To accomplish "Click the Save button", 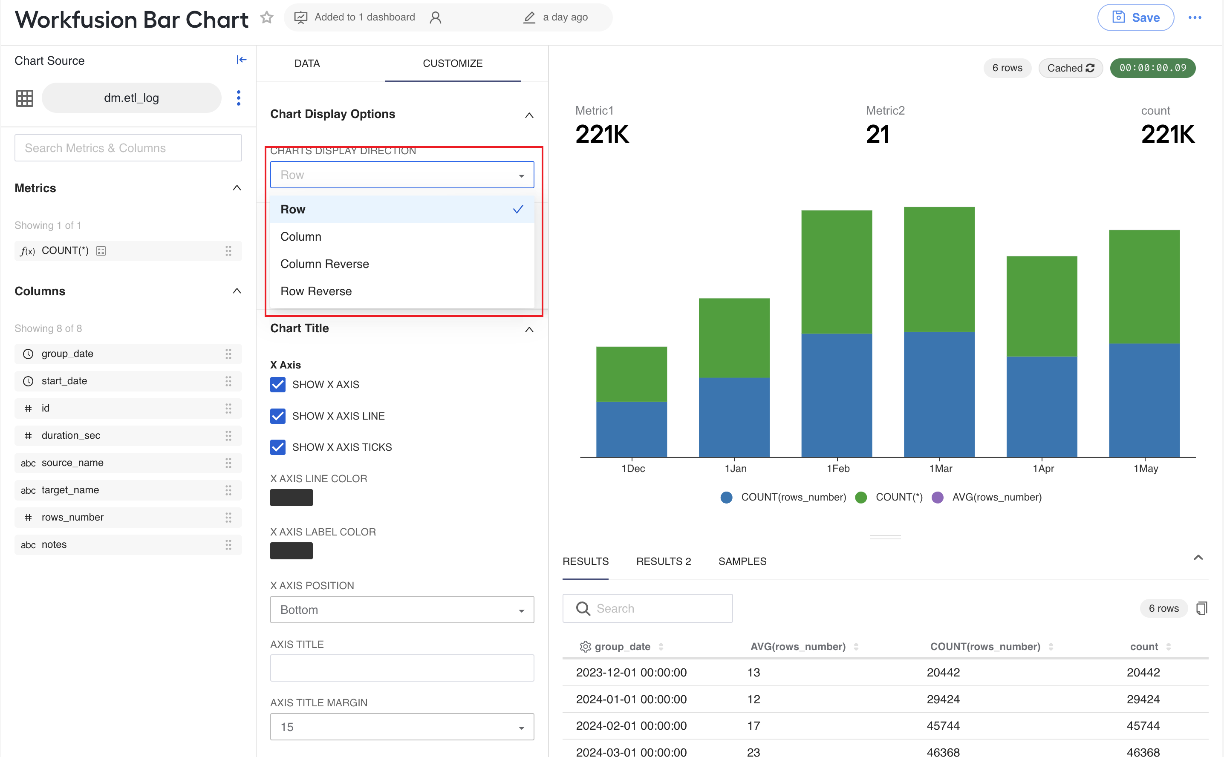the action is [x=1135, y=17].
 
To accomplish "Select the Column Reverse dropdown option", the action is [x=324, y=264].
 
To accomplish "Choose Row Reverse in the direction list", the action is [x=316, y=291].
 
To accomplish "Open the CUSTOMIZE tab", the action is [x=452, y=63].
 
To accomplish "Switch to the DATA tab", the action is [x=307, y=63].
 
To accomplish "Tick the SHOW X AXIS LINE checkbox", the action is [x=278, y=416].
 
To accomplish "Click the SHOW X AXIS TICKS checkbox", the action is [x=278, y=447].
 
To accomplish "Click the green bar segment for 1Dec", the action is [x=632, y=374].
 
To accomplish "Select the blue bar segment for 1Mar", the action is [x=939, y=394].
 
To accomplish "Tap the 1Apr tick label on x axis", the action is [x=1043, y=469].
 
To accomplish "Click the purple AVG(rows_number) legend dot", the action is [x=938, y=497].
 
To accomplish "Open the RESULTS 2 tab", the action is [x=664, y=561].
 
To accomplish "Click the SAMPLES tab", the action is [x=742, y=561].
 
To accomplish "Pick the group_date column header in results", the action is [x=623, y=646].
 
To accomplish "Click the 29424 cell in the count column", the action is [x=1143, y=699].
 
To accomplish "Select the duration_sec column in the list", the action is [x=128, y=435].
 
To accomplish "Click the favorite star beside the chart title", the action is [x=267, y=17].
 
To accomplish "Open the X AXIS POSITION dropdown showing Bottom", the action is [x=402, y=609].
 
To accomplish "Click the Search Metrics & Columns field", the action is [x=128, y=148].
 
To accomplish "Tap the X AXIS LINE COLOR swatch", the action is [x=292, y=498].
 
